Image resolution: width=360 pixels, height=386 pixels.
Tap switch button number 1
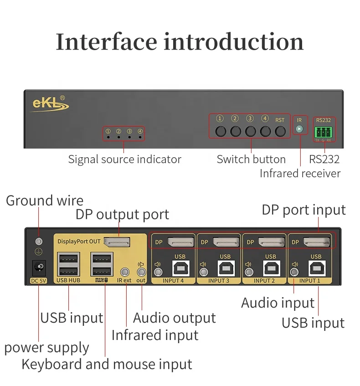pos(221,131)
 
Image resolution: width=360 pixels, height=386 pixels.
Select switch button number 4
pos(265,131)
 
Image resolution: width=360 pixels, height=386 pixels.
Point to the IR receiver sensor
pos(299,129)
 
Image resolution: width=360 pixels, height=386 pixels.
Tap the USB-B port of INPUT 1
pos(316,268)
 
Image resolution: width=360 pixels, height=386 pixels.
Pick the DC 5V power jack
pos(38,267)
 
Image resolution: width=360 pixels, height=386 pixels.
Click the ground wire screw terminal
pos(39,242)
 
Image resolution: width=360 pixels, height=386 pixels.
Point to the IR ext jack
pos(124,271)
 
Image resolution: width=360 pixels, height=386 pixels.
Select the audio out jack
pos(141,271)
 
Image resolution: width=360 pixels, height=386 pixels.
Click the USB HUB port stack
pos(68,264)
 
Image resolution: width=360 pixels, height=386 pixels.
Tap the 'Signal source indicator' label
pos(124,160)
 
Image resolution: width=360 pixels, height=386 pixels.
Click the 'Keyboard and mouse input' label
pos(107,365)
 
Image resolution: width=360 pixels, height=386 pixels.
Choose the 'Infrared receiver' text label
pos(300,174)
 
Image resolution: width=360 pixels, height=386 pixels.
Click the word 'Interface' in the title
pos(106,42)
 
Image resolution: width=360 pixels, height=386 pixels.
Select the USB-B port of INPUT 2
pos(271,268)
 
